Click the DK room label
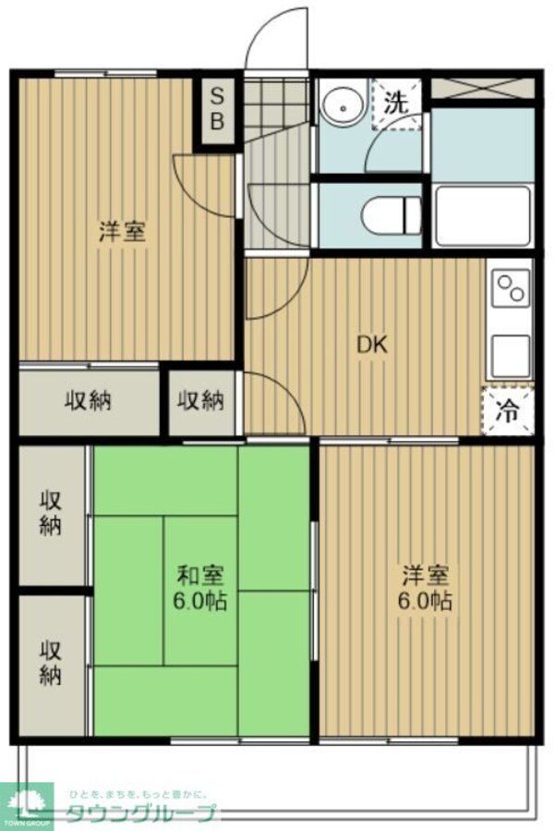tap(372, 345)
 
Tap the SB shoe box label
tap(219, 108)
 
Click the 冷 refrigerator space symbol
tap(507, 410)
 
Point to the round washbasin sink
tap(344, 107)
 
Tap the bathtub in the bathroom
tap(482, 214)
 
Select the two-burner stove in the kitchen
tap(511, 288)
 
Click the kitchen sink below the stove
tap(511, 352)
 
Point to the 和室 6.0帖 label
tap(201, 588)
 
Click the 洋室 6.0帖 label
tap(427, 588)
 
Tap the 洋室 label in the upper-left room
tap(122, 231)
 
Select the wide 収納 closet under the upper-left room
tap(89, 401)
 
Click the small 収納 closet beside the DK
tap(201, 401)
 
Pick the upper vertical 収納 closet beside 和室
tap(51, 513)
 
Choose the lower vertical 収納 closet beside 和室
tap(51, 662)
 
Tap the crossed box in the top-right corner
tap(483, 90)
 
